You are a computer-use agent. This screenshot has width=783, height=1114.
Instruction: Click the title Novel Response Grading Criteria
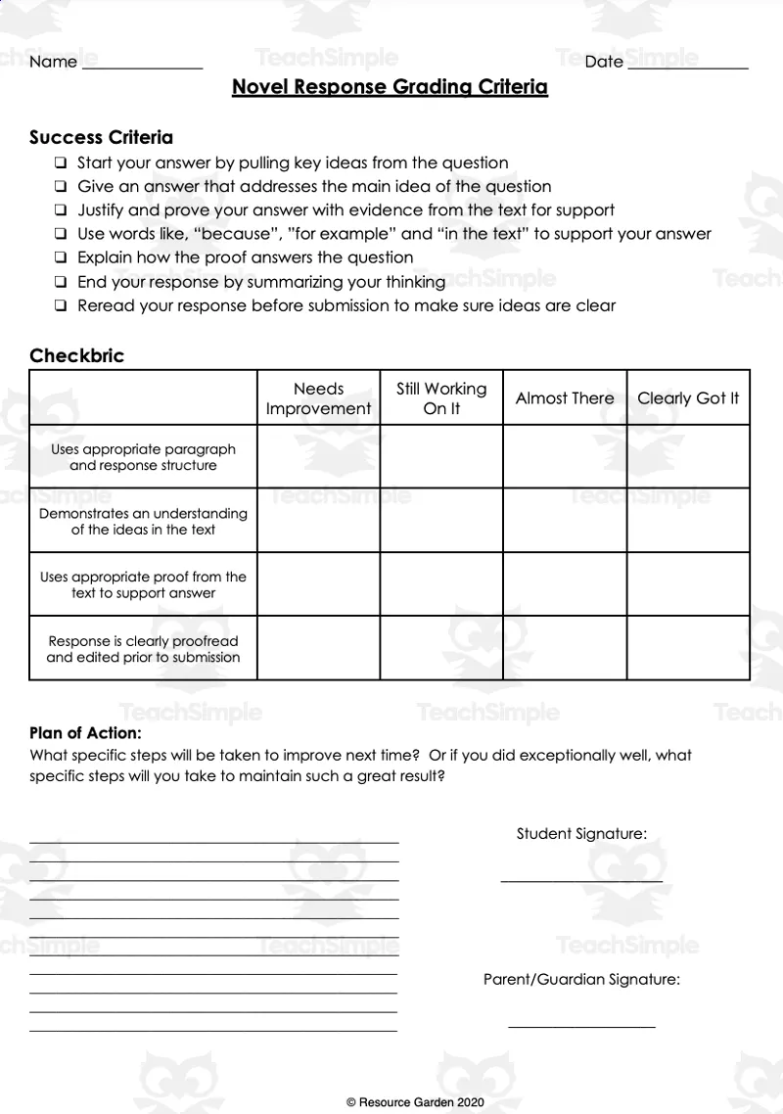[x=390, y=87]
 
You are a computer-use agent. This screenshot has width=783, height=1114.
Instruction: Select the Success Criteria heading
[x=101, y=137]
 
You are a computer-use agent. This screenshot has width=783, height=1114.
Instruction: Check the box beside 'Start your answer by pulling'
[x=61, y=163]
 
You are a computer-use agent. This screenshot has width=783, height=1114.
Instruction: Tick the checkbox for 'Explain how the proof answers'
[x=61, y=258]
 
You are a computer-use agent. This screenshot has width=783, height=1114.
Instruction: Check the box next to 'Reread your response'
[x=61, y=305]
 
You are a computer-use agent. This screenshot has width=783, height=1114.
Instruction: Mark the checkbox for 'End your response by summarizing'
[x=61, y=282]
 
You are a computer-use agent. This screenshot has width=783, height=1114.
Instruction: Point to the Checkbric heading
[x=76, y=355]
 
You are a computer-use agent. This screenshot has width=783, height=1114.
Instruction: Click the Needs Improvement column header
[x=318, y=398]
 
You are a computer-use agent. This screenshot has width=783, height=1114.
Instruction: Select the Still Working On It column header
[x=441, y=398]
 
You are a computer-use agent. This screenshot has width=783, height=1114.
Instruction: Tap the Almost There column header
[x=565, y=398]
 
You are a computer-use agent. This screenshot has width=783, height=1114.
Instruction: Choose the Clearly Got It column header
[x=688, y=398]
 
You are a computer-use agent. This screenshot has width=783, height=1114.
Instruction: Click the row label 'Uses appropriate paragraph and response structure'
[x=143, y=457]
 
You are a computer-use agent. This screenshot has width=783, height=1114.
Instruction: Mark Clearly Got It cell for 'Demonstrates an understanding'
[x=688, y=521]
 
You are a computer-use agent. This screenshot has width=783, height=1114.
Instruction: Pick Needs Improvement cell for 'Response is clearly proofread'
[x=318, y=648]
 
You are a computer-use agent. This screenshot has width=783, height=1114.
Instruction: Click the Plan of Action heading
[x=85, y=732]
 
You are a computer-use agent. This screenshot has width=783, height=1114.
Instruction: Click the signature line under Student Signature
[x=581, y=881]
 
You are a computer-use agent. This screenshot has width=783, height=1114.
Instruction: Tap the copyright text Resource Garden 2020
[x=415, y=1102]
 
